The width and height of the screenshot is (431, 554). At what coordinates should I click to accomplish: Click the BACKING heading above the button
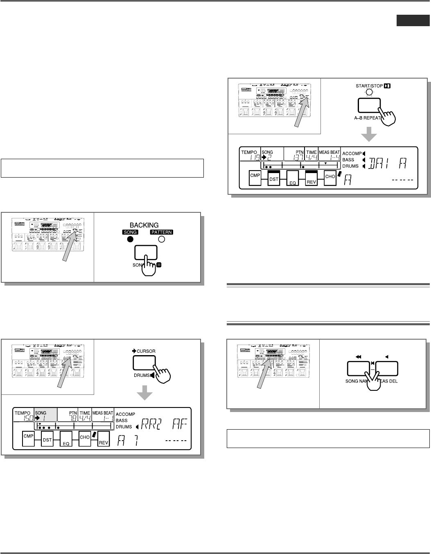click(144, 225)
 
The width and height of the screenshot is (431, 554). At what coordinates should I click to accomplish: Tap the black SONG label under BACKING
click(130, 232)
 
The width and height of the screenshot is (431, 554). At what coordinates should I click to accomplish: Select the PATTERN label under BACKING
click(162, 232)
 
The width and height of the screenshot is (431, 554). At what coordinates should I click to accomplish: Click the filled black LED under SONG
click(130, 239)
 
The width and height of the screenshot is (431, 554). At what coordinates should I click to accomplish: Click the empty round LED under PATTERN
click(161, 239)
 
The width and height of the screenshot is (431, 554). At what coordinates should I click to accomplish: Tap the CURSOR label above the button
click(146, 351)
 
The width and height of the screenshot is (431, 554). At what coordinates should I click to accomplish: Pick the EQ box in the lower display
click(66, 440)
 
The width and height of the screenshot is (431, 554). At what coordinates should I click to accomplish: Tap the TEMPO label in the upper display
click(249, 152)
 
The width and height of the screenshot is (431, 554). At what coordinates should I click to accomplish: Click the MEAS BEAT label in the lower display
click(103, 413)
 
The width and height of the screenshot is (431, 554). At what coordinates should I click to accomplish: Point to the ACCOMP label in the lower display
click(125, 414)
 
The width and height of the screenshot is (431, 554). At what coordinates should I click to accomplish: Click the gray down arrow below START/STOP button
click(369, 135)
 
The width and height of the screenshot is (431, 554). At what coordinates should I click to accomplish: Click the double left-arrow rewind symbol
click(359, 357)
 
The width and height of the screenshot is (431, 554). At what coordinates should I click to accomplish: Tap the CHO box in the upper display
click(330, 177)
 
